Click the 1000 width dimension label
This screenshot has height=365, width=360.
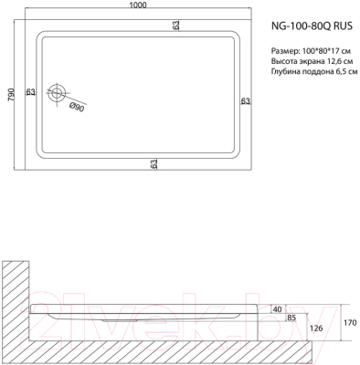(x=138, y=6)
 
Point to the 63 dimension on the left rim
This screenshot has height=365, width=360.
(x=31, y=92)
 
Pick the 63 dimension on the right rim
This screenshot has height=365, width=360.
(x=245, y=100)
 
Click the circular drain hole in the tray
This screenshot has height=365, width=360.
(x=59, y=92)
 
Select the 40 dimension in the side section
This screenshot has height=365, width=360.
(x=277, y=309)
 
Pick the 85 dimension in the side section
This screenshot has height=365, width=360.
(x=291, y=318)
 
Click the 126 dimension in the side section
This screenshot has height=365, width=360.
(x=316, y=329)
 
